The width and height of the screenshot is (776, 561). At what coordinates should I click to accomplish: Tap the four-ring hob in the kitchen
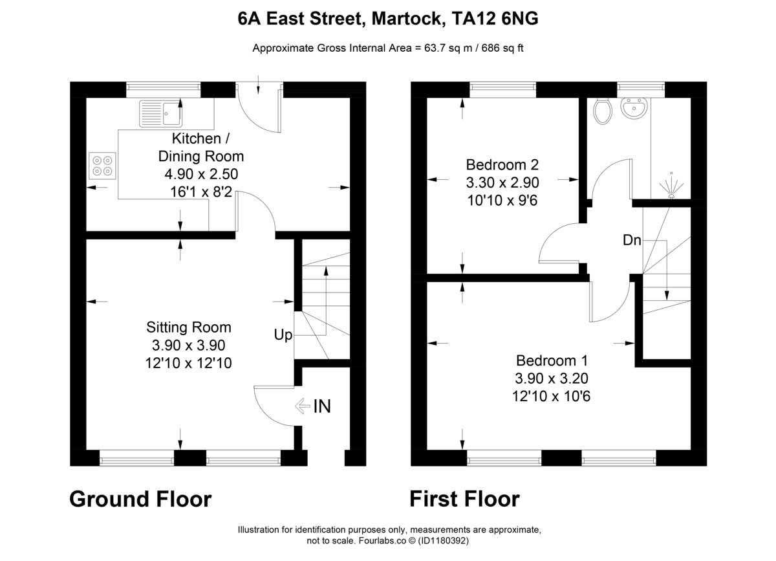[102, 165]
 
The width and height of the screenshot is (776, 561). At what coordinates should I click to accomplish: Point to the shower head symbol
[671, 187]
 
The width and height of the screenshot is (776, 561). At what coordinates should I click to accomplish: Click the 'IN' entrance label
[321, 406]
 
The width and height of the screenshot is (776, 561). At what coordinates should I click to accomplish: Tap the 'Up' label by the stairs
[283, 335]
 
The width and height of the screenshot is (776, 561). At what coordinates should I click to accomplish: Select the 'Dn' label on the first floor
[632, 240]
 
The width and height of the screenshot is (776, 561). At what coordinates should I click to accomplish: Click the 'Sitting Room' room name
[188, 327]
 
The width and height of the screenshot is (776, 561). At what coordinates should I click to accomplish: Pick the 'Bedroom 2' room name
[502, 165]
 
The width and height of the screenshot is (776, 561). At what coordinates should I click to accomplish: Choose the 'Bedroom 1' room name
[552, 360]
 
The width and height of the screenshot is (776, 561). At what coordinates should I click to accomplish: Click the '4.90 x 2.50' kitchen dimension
[201, 173]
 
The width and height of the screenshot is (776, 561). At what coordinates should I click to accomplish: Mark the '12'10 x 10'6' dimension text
[552, 395]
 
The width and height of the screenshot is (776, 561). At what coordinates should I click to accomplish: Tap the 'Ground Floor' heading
[140, 499]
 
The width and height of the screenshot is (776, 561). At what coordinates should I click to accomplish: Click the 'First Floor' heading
[464, 499]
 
